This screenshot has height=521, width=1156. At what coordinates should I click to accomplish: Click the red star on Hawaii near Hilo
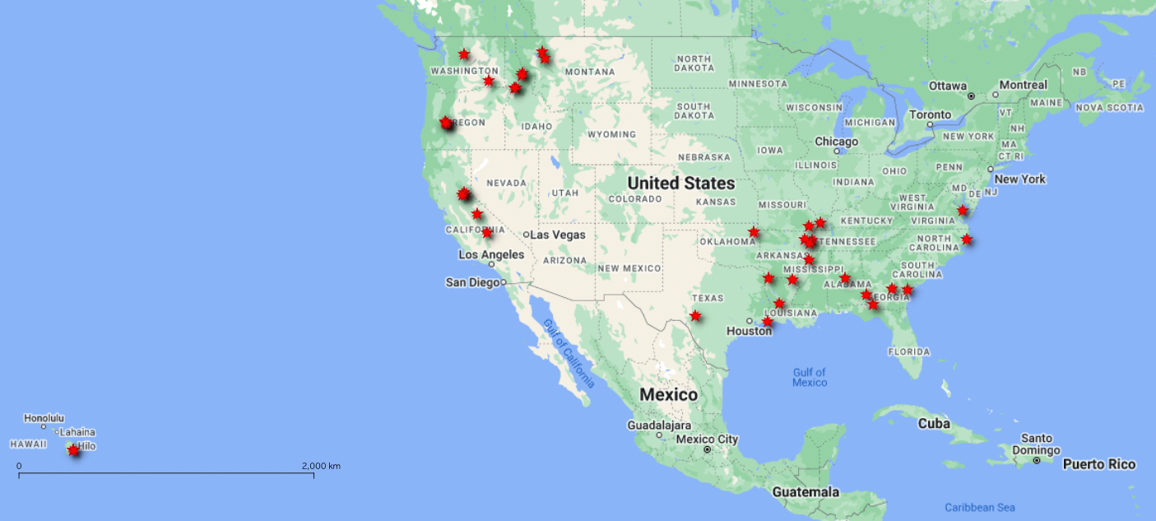(73, 449)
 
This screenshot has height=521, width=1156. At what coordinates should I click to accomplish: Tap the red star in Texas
(695, 315)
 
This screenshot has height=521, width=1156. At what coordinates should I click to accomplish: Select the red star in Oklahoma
(754, 232)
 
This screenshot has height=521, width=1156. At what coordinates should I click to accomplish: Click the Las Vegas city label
(558, 235)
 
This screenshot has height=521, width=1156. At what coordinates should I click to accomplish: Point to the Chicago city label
(837, 142)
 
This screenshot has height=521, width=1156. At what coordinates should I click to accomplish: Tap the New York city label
(1019, 179)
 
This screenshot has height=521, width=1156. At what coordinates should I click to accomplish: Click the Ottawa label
(948, 86)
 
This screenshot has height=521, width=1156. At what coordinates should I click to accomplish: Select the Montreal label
(1024, 85)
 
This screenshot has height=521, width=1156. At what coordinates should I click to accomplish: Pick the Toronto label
(931, 114)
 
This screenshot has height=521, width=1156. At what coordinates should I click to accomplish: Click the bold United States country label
(680, 183)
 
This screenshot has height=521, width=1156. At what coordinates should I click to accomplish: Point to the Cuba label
(935, 424)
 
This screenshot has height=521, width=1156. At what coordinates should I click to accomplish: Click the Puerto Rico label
(1098, 464)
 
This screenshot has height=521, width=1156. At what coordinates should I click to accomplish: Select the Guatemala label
(805, 492)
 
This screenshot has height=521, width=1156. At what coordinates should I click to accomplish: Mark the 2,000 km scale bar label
(321, 466)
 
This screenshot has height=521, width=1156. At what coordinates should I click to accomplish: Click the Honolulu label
(44, 418)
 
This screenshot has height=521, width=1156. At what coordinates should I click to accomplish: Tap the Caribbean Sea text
(979, 507)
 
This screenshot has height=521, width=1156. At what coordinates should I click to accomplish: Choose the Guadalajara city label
(659, 426)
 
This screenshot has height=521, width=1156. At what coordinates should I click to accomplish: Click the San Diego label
(472, 282)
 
